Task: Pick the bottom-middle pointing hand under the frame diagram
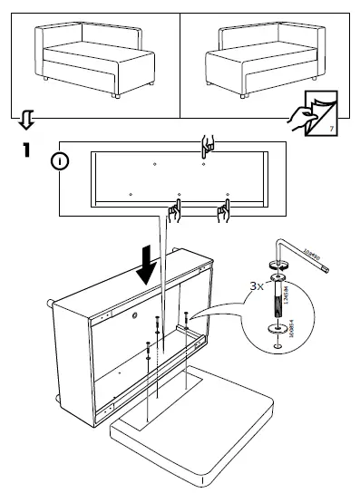[x=174, y=212]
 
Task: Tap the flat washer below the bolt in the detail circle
[x=277, y=326]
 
